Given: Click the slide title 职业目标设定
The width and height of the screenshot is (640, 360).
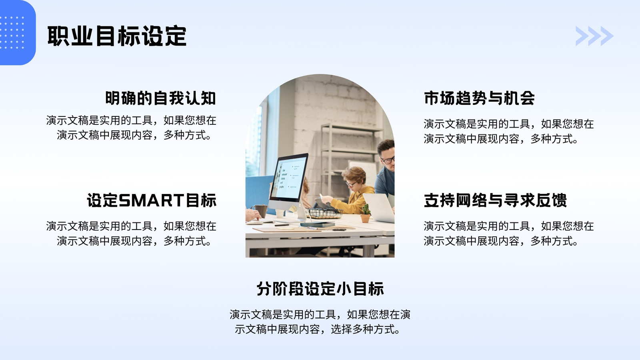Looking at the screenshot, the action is [117, 36].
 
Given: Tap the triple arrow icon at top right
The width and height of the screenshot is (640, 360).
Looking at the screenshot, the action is [594, 36].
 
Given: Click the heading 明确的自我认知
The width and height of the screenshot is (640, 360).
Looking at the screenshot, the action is [160, 98].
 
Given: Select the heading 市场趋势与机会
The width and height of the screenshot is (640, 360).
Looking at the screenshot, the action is [479, 98].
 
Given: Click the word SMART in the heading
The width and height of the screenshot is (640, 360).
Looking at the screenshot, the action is [151, 200].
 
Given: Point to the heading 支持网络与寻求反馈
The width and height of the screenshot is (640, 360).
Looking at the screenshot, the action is [495, 200].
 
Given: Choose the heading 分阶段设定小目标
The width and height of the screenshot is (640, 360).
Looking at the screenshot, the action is [320, 288].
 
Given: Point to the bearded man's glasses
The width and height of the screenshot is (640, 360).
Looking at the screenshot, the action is [388, 160].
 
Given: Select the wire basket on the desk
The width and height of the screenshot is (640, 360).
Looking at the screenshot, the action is [324, 213].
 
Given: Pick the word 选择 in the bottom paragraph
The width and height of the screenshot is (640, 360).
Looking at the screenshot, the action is [342, 330].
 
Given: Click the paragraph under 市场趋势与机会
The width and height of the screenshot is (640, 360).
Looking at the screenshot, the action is [508, 132].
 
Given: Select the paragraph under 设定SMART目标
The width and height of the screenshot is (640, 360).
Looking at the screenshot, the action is [131, 234].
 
